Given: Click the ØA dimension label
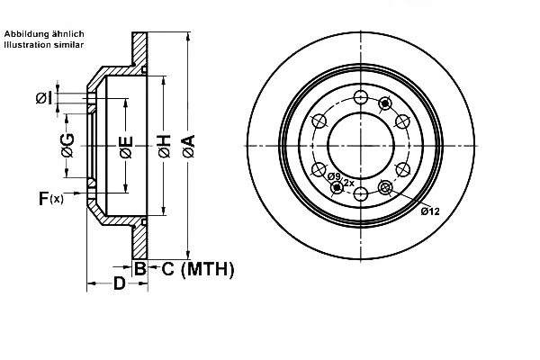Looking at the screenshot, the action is [189, 147].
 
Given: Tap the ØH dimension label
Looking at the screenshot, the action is [165, 147].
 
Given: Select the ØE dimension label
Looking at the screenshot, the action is [126, 147].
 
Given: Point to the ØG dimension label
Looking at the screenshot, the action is [67, 145].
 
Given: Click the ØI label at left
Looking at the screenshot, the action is [44, 98].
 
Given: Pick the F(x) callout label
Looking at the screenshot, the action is [51, 198].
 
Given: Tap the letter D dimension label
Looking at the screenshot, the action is [119, 283].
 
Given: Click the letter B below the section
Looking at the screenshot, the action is [139, 269].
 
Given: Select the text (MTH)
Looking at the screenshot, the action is [207, 269].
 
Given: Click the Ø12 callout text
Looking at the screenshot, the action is [430, 211].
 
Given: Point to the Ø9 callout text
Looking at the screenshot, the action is [334, 176].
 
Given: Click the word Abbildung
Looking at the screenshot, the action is [27, 34].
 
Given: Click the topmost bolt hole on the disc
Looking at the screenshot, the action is [361, 97].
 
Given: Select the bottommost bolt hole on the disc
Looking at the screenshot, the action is [361, 194].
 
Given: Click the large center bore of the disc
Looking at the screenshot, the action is [361, 146].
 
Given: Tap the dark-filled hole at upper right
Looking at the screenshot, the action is [384, 103].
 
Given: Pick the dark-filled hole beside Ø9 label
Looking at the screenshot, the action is [337, 188].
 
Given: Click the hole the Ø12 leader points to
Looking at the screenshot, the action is [384, 188].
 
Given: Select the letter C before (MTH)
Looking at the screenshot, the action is [167, 269].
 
